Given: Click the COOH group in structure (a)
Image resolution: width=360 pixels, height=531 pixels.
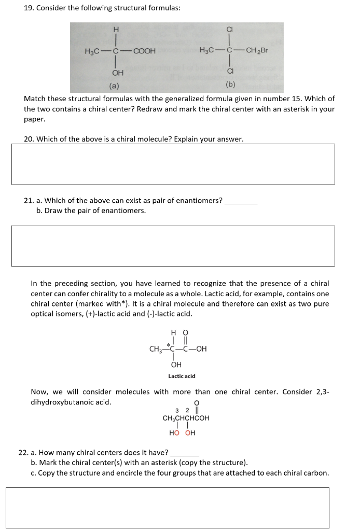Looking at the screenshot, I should tap(145, 51).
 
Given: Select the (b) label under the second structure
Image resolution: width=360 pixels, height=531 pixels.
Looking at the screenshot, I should tap(230, 85).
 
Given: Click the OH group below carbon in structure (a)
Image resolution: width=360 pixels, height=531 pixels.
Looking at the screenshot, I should tap(117, 73).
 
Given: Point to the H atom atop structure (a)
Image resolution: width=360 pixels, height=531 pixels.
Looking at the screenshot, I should tap(116, 29).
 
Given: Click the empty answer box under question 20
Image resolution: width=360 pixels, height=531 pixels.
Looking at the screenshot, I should tap(173, 164).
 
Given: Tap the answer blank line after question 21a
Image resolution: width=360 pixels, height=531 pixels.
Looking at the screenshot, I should tap(241, 201).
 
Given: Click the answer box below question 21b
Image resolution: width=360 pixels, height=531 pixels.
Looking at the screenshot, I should tap(173, 246).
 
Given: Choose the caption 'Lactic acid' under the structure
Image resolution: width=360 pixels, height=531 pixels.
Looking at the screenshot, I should tap(182, 376).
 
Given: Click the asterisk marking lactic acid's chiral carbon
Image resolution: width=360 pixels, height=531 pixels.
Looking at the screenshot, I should tap(168, 344).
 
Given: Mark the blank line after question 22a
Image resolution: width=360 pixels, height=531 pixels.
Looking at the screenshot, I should tap(185, 453).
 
